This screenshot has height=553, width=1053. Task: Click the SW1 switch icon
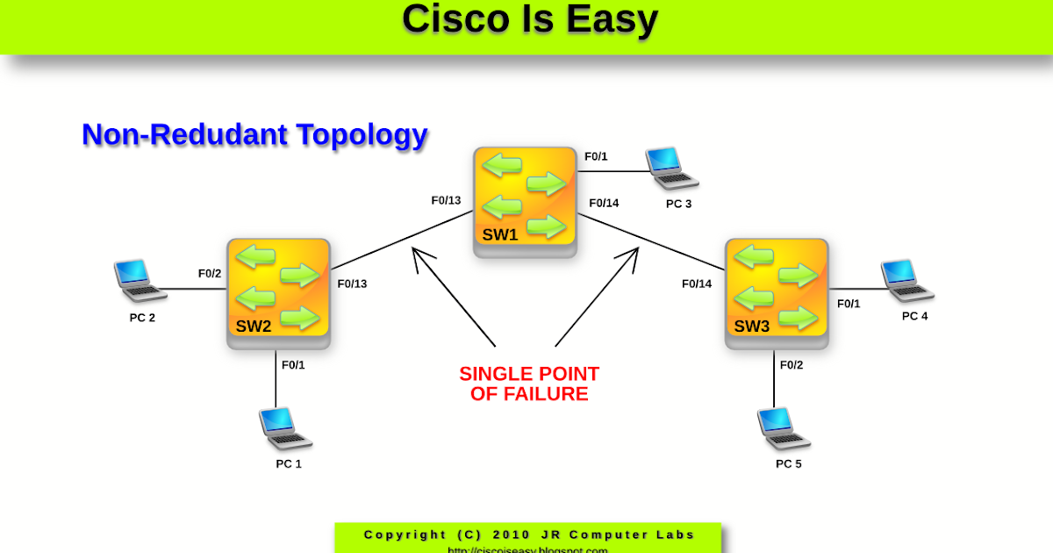525,201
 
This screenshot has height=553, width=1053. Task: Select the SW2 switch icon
278,293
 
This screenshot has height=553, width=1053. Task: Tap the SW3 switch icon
777,293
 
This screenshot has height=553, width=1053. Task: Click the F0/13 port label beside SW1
446,200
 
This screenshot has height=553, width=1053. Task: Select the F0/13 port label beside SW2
352,284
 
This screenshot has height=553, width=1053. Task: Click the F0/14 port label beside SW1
604,203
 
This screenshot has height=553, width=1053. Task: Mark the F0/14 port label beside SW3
697,284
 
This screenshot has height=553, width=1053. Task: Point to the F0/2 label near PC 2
210,273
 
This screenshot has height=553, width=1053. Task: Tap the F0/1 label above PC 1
293,364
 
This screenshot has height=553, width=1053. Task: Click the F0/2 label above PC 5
791,364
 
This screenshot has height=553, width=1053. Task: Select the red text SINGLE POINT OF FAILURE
529,384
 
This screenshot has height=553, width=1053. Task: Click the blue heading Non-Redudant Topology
254,134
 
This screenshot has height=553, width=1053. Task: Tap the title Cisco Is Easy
529,19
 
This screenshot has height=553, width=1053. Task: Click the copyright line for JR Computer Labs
529,535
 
